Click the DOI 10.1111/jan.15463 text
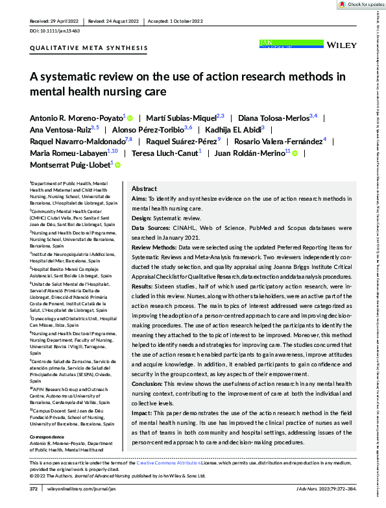tap(53, 31)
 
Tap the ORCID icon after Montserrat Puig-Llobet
tap(118, 165)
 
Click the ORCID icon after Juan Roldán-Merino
tap(296, 153)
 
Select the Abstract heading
tap(145, 188)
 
